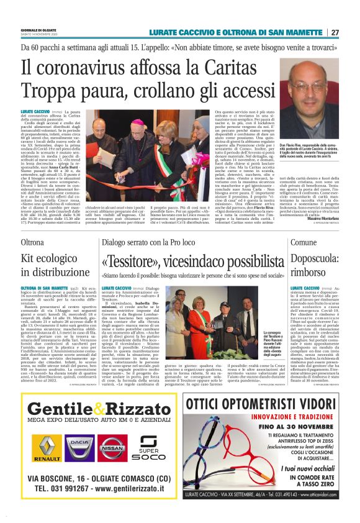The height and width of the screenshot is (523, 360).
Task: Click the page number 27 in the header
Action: (x=352, y=32)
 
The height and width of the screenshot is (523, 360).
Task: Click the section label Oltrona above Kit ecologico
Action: (x=32, y=240)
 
